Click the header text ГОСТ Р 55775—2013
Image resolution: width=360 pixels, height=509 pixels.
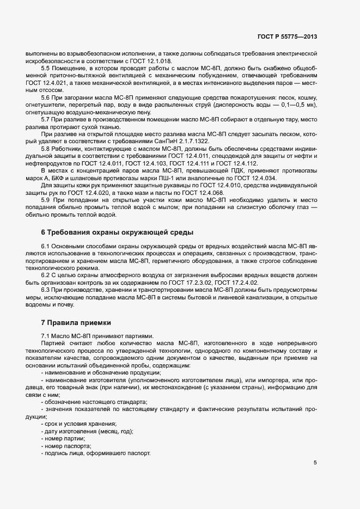click(287, 37)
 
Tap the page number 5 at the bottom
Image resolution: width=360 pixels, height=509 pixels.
click(315, 463)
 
